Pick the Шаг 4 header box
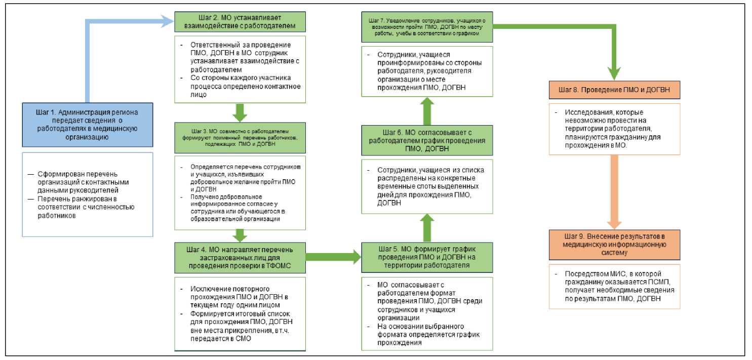point(241,258)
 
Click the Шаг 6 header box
point(427,140)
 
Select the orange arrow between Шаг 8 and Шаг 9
point(614,192)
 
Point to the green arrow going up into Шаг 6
point(427,227)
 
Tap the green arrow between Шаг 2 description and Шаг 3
point(241,111)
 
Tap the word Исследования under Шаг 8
point(583,111)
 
